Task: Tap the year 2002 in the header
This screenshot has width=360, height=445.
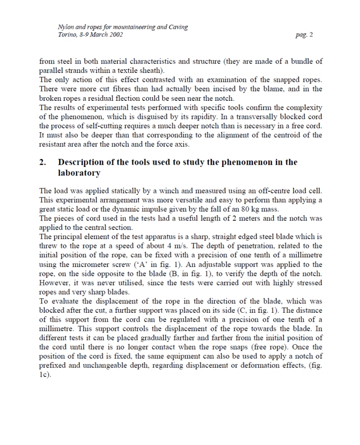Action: pyautogui.click(x=114, y=35)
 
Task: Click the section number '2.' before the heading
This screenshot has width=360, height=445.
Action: pyautogui.click(x=43, y=162)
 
